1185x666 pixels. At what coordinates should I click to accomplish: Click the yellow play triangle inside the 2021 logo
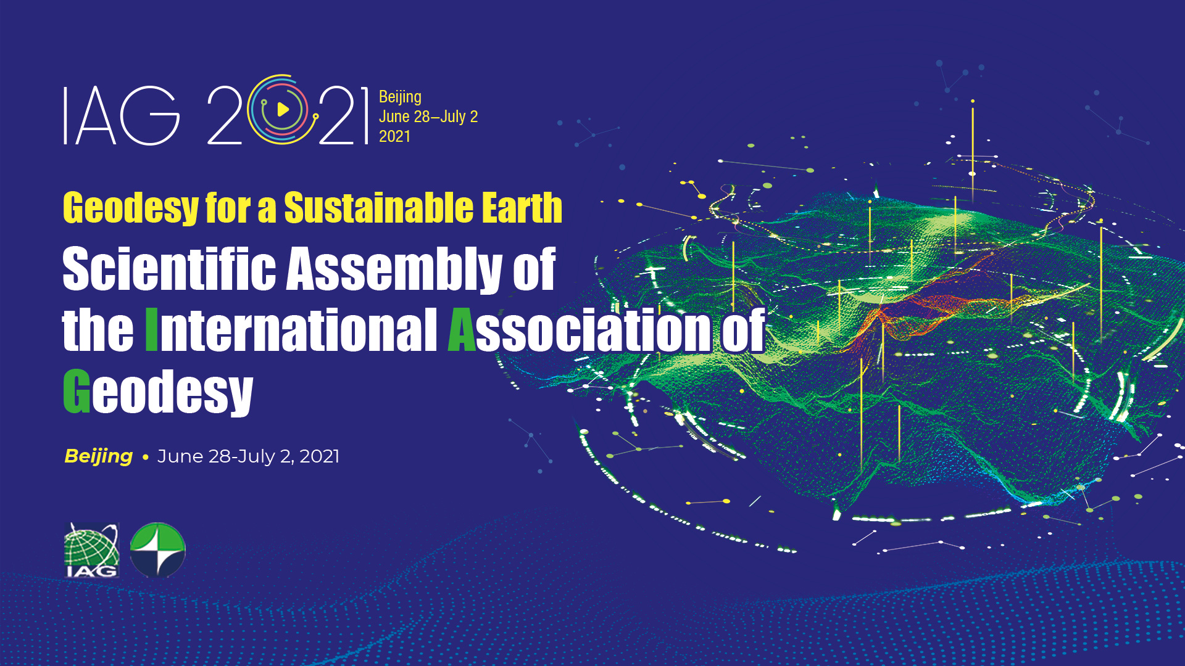(283, 110)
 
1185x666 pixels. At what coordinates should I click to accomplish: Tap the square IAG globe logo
(92, 550)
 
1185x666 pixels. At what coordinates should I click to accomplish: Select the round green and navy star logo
(158, 549)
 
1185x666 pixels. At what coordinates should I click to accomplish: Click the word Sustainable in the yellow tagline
(379, 207)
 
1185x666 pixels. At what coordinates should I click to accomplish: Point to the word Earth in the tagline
(522, 207)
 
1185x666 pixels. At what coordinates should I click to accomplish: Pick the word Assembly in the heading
(394, 269)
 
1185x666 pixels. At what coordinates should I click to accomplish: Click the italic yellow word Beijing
(99, 456)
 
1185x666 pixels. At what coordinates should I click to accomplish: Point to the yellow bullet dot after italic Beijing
(146, 458)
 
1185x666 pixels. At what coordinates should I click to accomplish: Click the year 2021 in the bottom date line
(320, 456)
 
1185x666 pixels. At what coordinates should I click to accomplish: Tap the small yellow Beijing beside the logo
(400, 97)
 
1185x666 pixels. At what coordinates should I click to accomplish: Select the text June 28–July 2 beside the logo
(428, 117)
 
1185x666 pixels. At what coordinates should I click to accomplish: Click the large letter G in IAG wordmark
(150, 115)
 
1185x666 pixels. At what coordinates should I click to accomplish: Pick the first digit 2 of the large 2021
(225, 115)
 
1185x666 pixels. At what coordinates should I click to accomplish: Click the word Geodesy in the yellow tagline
(131, 208)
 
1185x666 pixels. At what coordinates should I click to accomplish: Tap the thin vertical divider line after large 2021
(367, 116)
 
